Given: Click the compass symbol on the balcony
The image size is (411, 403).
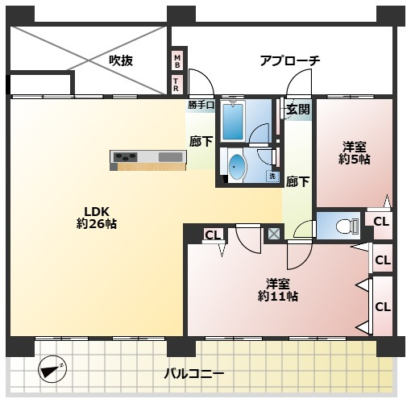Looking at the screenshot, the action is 52,368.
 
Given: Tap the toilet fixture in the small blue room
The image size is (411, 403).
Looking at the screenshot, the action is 347,225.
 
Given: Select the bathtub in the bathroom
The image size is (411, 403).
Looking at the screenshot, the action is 233,121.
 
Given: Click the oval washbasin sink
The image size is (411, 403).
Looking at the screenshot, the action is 237,167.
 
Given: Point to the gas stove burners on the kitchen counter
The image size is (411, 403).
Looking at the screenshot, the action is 125,156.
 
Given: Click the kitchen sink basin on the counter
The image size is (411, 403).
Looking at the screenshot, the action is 170,157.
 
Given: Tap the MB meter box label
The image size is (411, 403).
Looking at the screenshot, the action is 177,61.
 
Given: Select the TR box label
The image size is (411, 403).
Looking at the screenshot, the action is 176,85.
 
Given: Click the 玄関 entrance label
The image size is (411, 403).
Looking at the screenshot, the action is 298,109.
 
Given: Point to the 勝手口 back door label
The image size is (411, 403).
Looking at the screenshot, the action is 201,105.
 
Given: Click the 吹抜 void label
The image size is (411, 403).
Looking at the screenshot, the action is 121,60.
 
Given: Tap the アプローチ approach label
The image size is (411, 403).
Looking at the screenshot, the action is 290,60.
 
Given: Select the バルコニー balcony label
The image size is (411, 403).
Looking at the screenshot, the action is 194,373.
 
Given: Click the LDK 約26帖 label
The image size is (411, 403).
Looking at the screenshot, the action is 97,218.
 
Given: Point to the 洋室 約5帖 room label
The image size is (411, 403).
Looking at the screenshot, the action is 354,153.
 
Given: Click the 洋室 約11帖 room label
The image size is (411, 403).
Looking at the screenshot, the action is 278,290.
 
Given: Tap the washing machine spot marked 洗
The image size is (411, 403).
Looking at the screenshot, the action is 272,177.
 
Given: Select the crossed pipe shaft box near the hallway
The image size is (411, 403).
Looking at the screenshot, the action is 274,234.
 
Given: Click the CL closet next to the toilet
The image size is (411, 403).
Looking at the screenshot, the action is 381,222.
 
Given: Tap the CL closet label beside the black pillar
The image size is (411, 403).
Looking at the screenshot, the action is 213,235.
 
